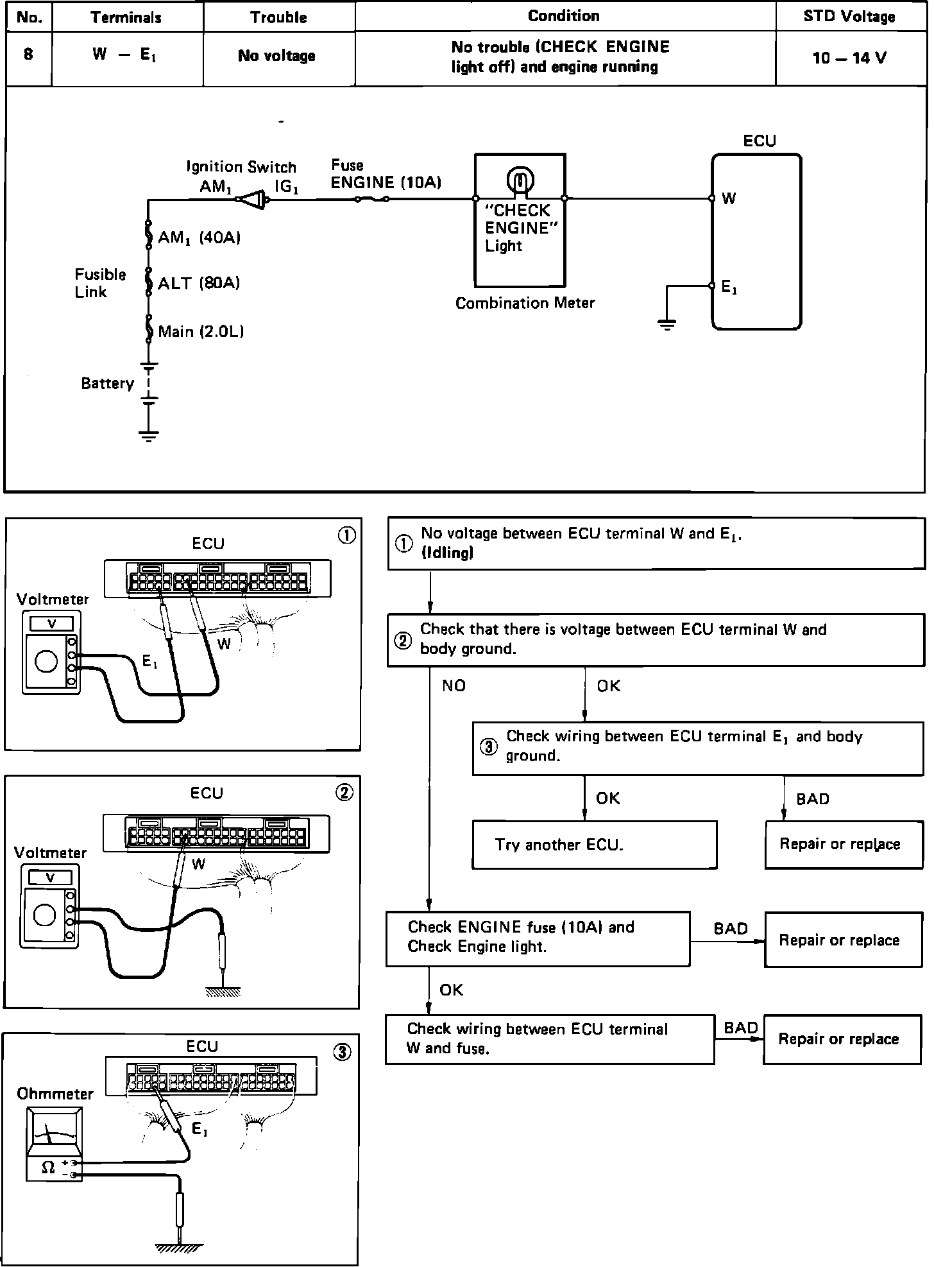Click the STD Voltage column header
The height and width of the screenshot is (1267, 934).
[849, 17]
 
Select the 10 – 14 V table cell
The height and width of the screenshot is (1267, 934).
[849, 58]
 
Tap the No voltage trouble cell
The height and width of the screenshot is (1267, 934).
[276, 56]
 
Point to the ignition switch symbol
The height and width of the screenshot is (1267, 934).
[253, 200]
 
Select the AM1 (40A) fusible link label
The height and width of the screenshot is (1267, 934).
[199, 238]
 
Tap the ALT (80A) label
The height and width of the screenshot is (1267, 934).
[199, 283]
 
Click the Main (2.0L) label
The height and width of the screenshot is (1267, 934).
[201, 332]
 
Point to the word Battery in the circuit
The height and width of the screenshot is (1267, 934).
[107, 384]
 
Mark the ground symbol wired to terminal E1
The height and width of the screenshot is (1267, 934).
[667, 323]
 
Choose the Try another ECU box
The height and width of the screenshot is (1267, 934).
[594, 845]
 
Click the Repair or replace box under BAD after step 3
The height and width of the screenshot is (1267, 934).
[843, 844]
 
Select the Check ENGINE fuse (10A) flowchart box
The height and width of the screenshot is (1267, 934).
[538, 938]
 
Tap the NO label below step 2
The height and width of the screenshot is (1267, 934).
[454, 686]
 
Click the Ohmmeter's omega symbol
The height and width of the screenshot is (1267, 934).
[47, 1168]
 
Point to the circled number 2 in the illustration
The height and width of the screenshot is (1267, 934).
[344, 793]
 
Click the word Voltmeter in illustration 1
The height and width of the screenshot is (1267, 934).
[53, 599]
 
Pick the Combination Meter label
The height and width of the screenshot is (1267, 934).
[525, 303]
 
